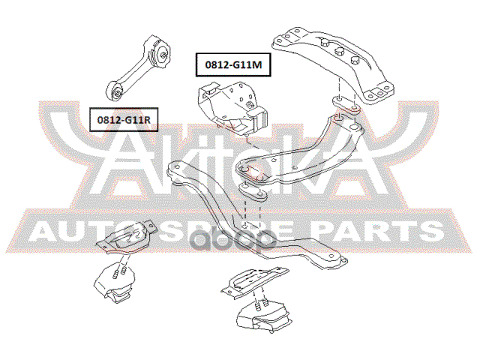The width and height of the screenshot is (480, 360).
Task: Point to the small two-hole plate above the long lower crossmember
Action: click(x=253, y=194)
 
